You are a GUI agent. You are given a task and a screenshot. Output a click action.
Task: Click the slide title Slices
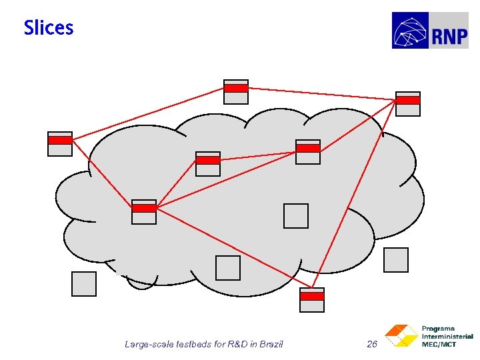coord(49,28)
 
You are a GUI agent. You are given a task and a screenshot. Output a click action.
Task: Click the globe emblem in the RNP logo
coord(411,31)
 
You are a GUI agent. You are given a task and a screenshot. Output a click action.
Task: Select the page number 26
coord(372,344)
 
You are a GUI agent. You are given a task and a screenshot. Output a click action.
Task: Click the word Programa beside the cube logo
coord(438,329)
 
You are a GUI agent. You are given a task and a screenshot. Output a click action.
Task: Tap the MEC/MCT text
coord(439,344)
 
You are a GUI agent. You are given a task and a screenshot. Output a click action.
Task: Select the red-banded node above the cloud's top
coord(236,92)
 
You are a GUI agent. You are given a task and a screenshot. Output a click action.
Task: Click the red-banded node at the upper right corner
coord(408,104)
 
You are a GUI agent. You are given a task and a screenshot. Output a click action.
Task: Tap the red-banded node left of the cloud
coord(60,144)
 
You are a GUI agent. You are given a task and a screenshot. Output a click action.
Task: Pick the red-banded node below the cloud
coord(312,300)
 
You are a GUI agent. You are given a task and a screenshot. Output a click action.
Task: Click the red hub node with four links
coord(144,212)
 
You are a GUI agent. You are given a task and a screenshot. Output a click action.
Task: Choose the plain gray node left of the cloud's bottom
coord(84,284)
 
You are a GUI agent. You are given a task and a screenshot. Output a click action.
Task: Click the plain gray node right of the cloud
coord(396,260)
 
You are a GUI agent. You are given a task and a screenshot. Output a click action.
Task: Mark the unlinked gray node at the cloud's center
coord(296,216)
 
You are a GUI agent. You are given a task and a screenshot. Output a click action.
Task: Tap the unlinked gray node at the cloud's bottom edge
coord(228,268)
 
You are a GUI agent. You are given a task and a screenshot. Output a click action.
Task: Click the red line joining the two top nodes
coord(320,93)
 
